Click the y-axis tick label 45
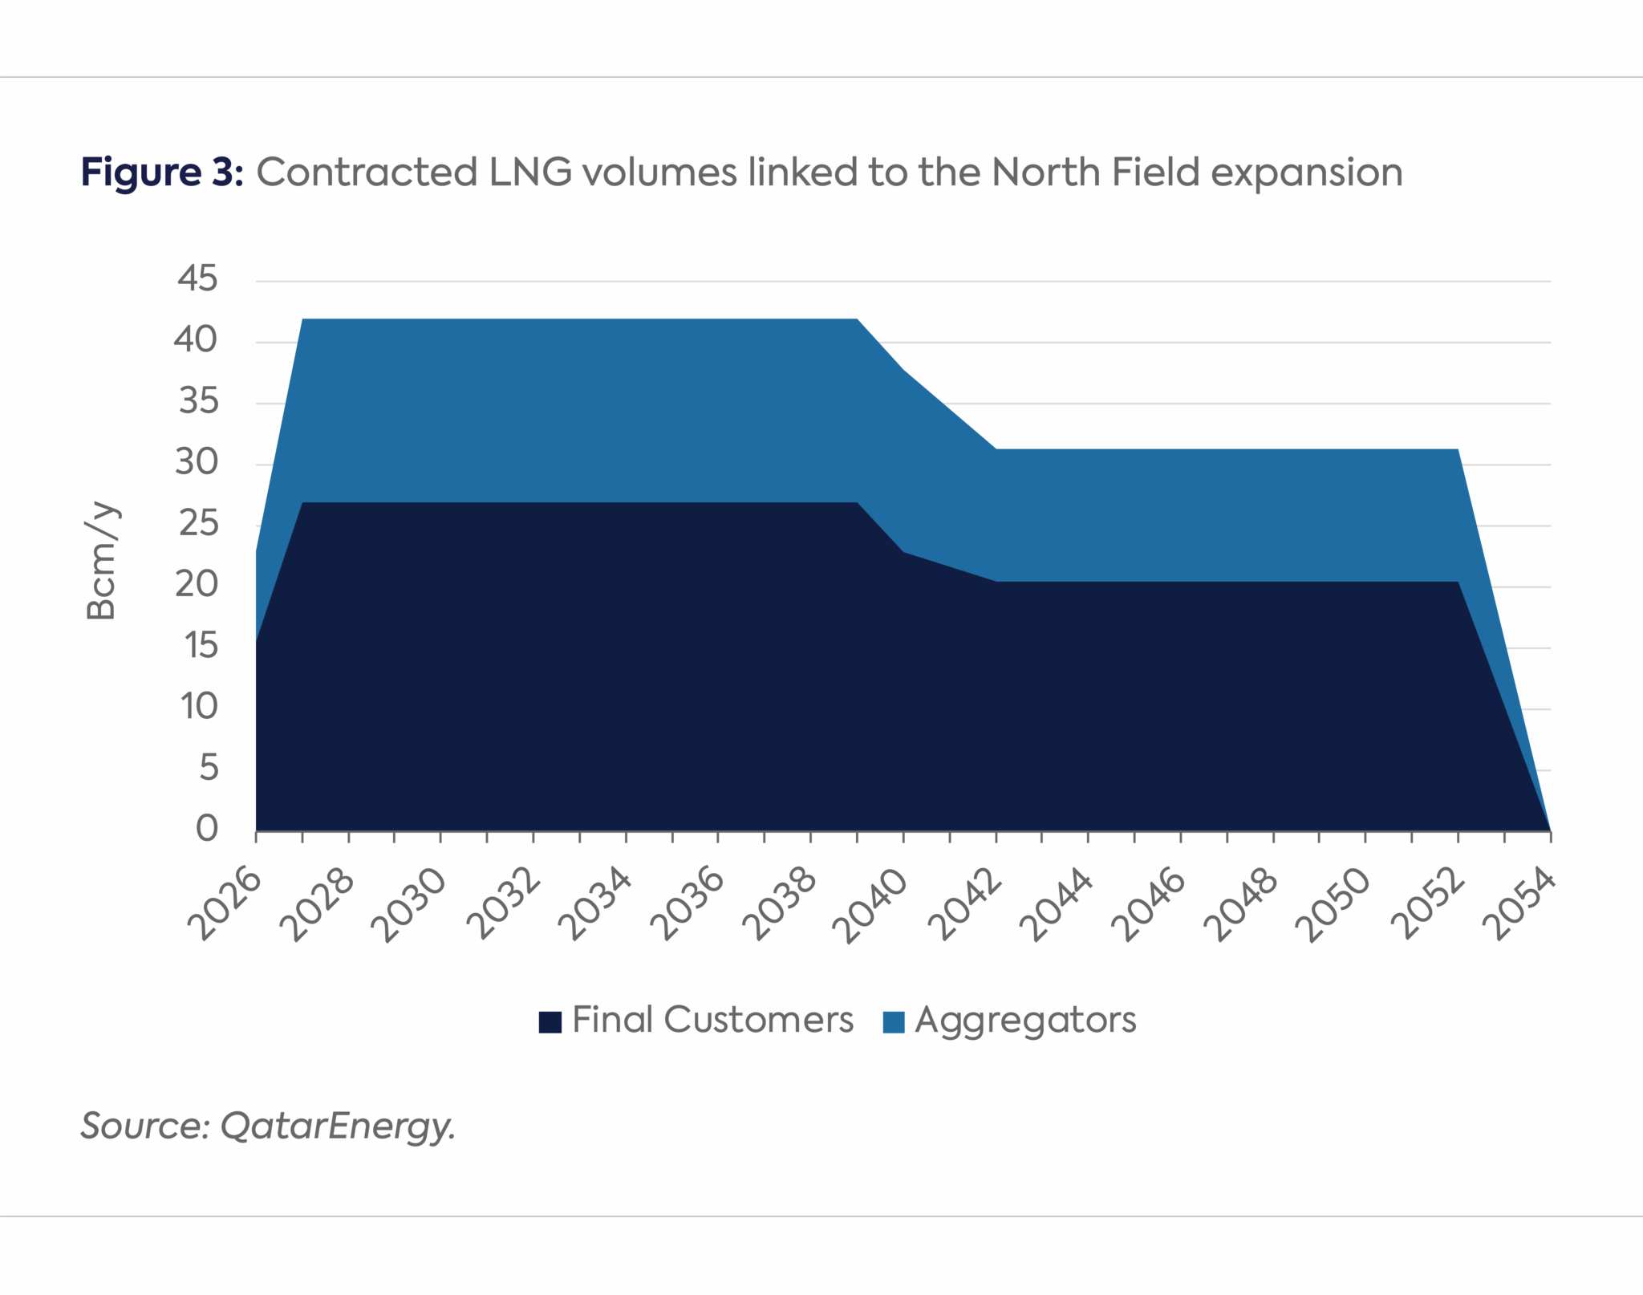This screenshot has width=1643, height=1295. [x=197, y=278]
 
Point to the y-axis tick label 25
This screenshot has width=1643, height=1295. [x=197, y=524]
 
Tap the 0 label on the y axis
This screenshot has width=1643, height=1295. [x=207, y=828]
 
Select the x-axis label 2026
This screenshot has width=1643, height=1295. [x=225, y=904]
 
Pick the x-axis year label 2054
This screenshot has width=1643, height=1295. [x=1519, y=905]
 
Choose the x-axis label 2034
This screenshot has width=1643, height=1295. [x=595, y=905]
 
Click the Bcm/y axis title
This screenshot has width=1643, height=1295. [x=102, y=561]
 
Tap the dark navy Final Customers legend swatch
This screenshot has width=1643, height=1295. [x=550, y=1021]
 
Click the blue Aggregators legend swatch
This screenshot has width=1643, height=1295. [x=893, y=1021]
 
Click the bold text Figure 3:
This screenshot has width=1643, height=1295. [x=161, y=173]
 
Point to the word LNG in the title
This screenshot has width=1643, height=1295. [x=530, y=173]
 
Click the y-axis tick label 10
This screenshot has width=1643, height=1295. [x=198, y=707]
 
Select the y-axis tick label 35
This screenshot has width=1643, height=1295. [x=197, y=401]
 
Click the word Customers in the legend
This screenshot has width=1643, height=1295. [x=758, y=1021]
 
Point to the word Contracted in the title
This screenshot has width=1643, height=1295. [x=367, y=173]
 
